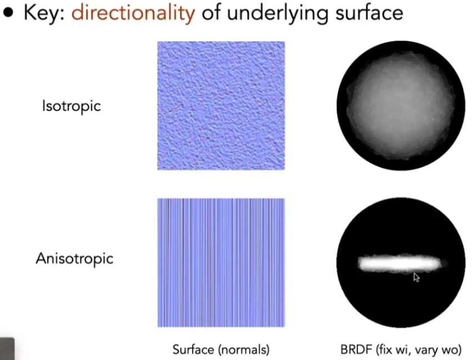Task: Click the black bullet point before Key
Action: click(x=8, y=13)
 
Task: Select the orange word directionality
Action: click(x=133, y=13)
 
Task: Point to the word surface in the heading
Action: click(x=370, y=14)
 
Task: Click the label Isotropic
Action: click(x=72, y=106)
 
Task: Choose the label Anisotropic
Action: click(x=74, y=259)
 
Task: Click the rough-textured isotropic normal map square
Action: click(x=221, y=106)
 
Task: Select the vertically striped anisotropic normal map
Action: click(x=221, y=263)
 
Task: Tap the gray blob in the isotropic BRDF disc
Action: click(x=401, y=105)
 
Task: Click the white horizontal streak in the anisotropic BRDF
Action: click(x=400, y=263)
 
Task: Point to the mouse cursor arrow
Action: click(x=416, y=277)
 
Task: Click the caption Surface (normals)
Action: click(x=221, y=349)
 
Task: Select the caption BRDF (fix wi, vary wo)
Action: click(x=401, y=349)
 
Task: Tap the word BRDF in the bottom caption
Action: click(x=356, y=349)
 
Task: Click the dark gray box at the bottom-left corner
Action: click(x=7, y=349)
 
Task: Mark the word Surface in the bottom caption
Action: click(x=193, y=349)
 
